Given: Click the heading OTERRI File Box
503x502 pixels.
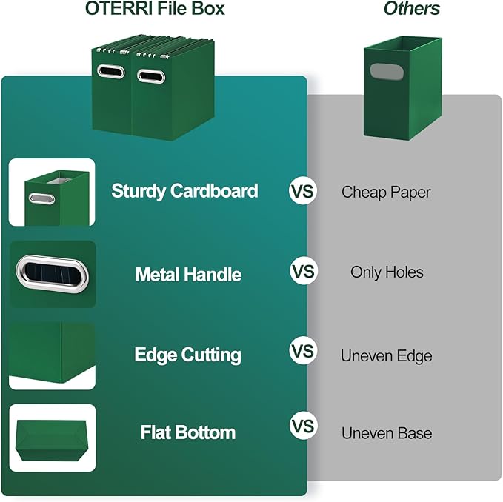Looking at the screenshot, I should tap(155, 10).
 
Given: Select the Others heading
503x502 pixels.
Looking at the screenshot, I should tap(411, 10).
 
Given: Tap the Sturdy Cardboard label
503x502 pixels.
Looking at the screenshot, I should tap(184, 191).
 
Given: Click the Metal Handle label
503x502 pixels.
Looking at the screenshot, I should tap(188, 275).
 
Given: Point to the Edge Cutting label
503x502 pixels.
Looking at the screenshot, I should tap(187, 355).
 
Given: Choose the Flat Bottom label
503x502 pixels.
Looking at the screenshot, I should tap(187, 432).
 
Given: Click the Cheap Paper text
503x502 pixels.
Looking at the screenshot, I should tap(386, 192).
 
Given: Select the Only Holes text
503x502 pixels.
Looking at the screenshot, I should tap(387, 272).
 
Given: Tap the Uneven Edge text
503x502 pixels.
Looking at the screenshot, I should tap(386, 356).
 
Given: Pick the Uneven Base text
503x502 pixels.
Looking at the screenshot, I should tap(386, 433).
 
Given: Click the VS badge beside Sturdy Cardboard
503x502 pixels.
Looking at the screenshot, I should tap(302, 192).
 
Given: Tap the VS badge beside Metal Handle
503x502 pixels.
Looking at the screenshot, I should tap(302, 272).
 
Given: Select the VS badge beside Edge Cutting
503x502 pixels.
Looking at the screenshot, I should tap(302, 349).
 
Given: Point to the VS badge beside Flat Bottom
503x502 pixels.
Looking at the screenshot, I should tap(302, 426).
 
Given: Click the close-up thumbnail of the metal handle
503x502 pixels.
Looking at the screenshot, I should tap(52, 274).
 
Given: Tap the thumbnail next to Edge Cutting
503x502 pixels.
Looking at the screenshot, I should tap(52, 356).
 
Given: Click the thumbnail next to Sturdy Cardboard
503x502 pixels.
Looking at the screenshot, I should tap(52, 193).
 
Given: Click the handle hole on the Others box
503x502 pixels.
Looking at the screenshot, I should tap(382, 73).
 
